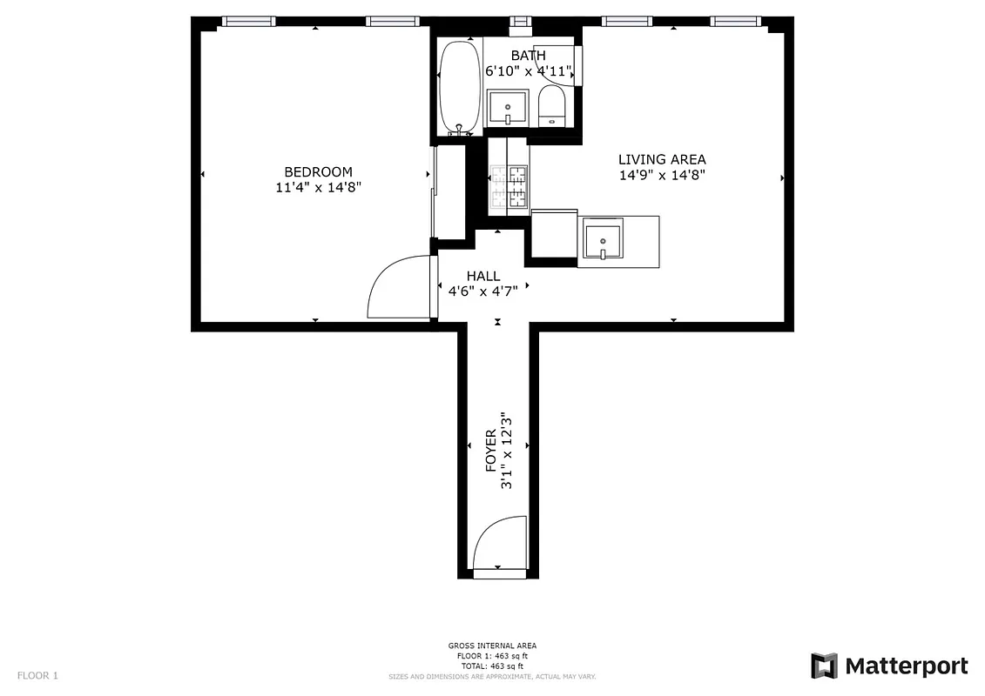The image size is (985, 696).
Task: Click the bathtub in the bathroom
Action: [459, 87]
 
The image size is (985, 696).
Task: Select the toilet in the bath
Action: [552, 106]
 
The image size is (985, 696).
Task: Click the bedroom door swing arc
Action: [399, 287]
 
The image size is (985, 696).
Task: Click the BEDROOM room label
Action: [318, 172]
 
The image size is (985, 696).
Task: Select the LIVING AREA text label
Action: [662, 159]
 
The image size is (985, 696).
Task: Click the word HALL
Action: [483, 277]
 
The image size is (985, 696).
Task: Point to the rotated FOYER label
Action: [490, 450]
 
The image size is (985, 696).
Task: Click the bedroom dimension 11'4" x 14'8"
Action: [318, 186]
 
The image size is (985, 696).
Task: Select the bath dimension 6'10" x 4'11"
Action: [529, 70]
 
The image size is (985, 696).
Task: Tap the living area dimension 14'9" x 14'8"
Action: [662, 174]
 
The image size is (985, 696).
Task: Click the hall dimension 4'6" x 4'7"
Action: [483, 291]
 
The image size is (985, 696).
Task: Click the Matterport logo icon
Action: [824, 666]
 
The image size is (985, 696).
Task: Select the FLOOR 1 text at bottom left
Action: [37, 675]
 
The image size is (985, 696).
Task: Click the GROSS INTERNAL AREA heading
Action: [492, 646]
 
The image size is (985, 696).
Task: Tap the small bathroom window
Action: [521, 22]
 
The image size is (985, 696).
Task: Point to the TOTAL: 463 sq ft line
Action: [492, 666]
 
